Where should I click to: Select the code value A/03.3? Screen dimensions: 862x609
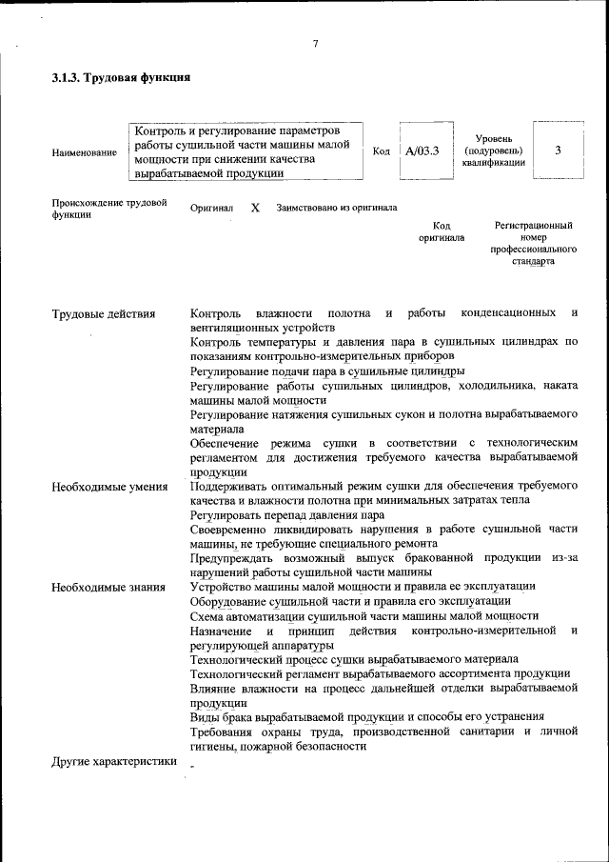pos(422,150)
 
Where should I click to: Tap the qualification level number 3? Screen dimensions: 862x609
pos(558,150)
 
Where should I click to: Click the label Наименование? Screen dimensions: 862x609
pos(85,152)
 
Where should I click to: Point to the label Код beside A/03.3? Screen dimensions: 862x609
pos(381,150)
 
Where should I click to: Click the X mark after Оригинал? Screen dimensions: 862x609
pos(255,208)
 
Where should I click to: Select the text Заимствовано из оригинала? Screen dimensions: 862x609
pos(337,208)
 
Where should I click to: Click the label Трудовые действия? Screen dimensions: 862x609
pos(104,313)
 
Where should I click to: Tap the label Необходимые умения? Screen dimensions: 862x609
pos(109,487)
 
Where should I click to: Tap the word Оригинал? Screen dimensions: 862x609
pos(212,208)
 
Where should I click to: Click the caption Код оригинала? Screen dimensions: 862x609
pos(442,231)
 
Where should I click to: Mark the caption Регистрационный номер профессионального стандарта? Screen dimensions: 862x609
pos(534,243)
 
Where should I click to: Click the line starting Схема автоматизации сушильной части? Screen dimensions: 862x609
pos(364,615)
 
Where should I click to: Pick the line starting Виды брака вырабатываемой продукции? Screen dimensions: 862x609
pos(367,716)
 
